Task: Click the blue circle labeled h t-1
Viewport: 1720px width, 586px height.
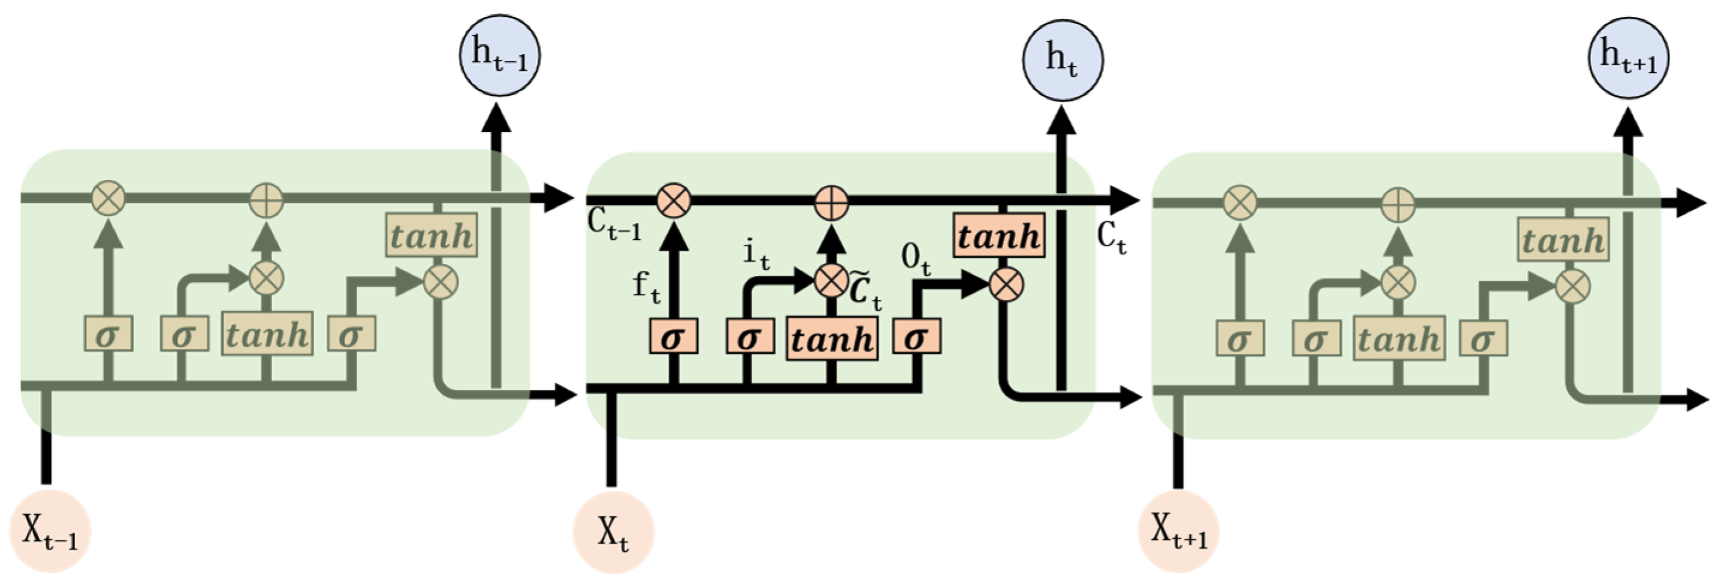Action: point(499,57)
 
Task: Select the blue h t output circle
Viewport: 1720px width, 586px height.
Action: point(1062,61)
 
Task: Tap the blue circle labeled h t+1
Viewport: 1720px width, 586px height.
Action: point(1628,58)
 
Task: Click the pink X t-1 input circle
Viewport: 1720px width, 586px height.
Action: point(50,531)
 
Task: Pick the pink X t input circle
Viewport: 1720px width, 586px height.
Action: point(614,533)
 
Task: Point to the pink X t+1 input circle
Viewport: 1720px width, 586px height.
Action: point(1178,531)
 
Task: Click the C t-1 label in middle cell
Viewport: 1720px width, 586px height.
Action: point(614,226)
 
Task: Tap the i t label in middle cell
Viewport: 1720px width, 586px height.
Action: point(756,255)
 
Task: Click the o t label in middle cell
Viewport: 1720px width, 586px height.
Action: point(915,259)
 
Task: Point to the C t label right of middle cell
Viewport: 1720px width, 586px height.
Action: point(1112,239)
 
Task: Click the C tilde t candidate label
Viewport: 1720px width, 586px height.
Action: point(865,292)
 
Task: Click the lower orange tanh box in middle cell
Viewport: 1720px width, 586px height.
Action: point(832,339)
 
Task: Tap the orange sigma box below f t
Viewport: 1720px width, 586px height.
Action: point(673,337)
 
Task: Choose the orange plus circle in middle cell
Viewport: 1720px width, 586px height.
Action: point(832,202)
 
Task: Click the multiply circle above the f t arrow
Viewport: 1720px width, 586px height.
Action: point(673,201)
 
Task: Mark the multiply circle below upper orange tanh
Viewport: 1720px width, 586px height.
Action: point(1005,285)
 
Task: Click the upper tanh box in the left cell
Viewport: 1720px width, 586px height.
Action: point(431,236)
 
